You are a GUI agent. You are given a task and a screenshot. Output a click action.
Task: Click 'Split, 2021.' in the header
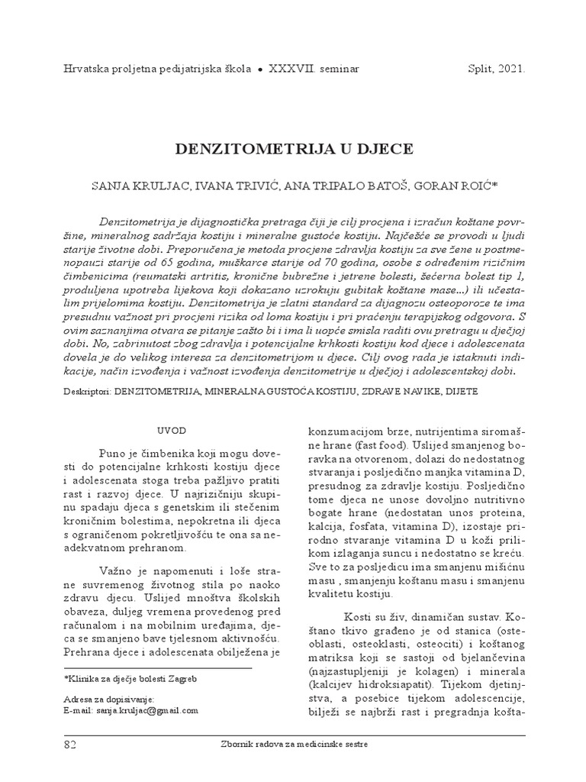496,68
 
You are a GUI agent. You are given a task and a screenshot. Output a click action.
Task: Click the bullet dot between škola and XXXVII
261,69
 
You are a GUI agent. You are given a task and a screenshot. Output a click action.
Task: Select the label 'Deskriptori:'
89,390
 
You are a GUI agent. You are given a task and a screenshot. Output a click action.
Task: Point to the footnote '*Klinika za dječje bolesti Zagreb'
126,678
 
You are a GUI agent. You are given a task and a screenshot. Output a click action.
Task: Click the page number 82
69,744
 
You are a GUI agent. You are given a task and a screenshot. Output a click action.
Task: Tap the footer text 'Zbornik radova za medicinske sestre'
292,745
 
